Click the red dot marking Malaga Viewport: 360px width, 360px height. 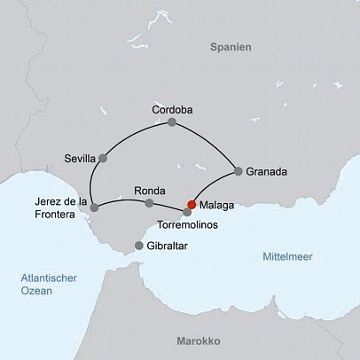coord(192,204)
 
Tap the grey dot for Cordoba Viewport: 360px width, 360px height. coord(172,122)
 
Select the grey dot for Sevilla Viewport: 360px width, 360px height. coord(103,159)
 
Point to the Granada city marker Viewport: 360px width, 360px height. coord(237,171)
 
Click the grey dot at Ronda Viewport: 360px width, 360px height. coord(148,203)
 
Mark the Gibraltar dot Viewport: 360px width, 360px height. coord(138,246)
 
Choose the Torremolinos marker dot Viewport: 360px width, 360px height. coord(186,212)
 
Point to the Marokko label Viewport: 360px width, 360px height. coord(199,340)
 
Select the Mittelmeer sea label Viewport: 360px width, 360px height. coord(290,256)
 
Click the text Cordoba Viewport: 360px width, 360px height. coord(172,109)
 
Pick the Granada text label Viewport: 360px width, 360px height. coord(267,172)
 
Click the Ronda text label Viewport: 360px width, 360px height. coord(147,190)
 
